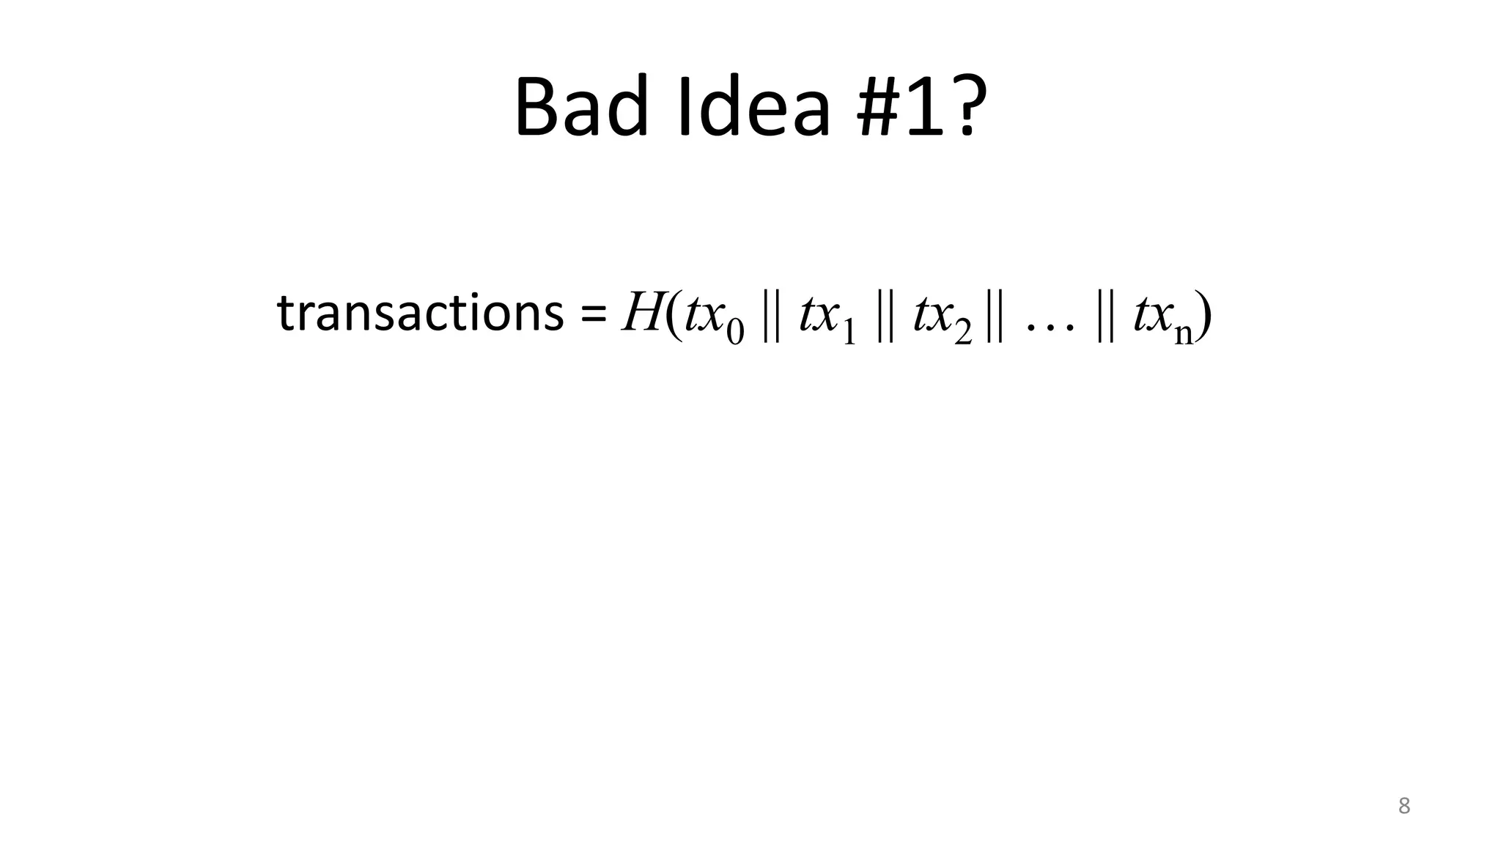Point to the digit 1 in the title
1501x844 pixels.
click(x=927, y=108)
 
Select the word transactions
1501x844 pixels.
click(x=420, y=314)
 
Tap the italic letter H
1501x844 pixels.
click(x=641, y=314)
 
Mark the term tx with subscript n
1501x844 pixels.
click(x=1164, y=319)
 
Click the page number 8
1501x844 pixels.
click(x=1404, y=806)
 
